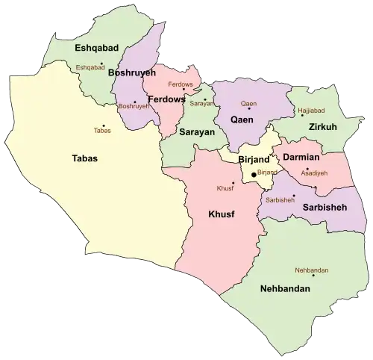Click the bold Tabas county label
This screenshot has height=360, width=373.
click(84, 158)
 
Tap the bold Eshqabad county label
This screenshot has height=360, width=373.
click(98, 48)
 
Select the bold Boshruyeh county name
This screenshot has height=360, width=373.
click(132, 73)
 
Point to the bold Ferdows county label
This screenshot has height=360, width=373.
click(167, 99)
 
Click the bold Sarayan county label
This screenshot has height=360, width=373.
click(197, 131)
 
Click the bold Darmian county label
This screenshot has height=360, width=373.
click(301, 158)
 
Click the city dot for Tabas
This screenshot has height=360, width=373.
click(104, 125)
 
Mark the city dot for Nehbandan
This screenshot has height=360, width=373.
click(314, 276)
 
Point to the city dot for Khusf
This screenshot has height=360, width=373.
click(233, 182)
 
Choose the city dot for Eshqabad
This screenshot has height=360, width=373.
click(101, 63)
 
